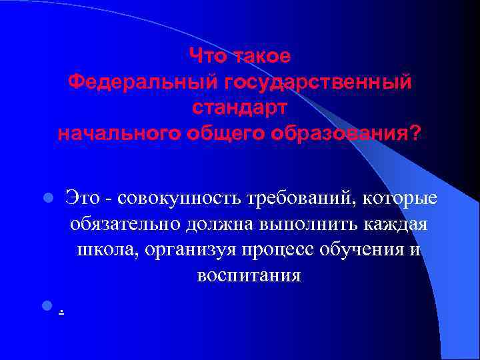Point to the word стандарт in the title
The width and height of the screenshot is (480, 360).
pyautogui.click(x=240, y=107)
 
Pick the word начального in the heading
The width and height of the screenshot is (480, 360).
pyautogui.click(x=117, y=133)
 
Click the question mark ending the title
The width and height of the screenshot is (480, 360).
pyautogui.click(x=416, y=133)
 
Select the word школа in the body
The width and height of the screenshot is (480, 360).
pyautogui.click(x=104, y=249)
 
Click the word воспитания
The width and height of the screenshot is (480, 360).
pyautogui.click(x=249, y=275)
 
